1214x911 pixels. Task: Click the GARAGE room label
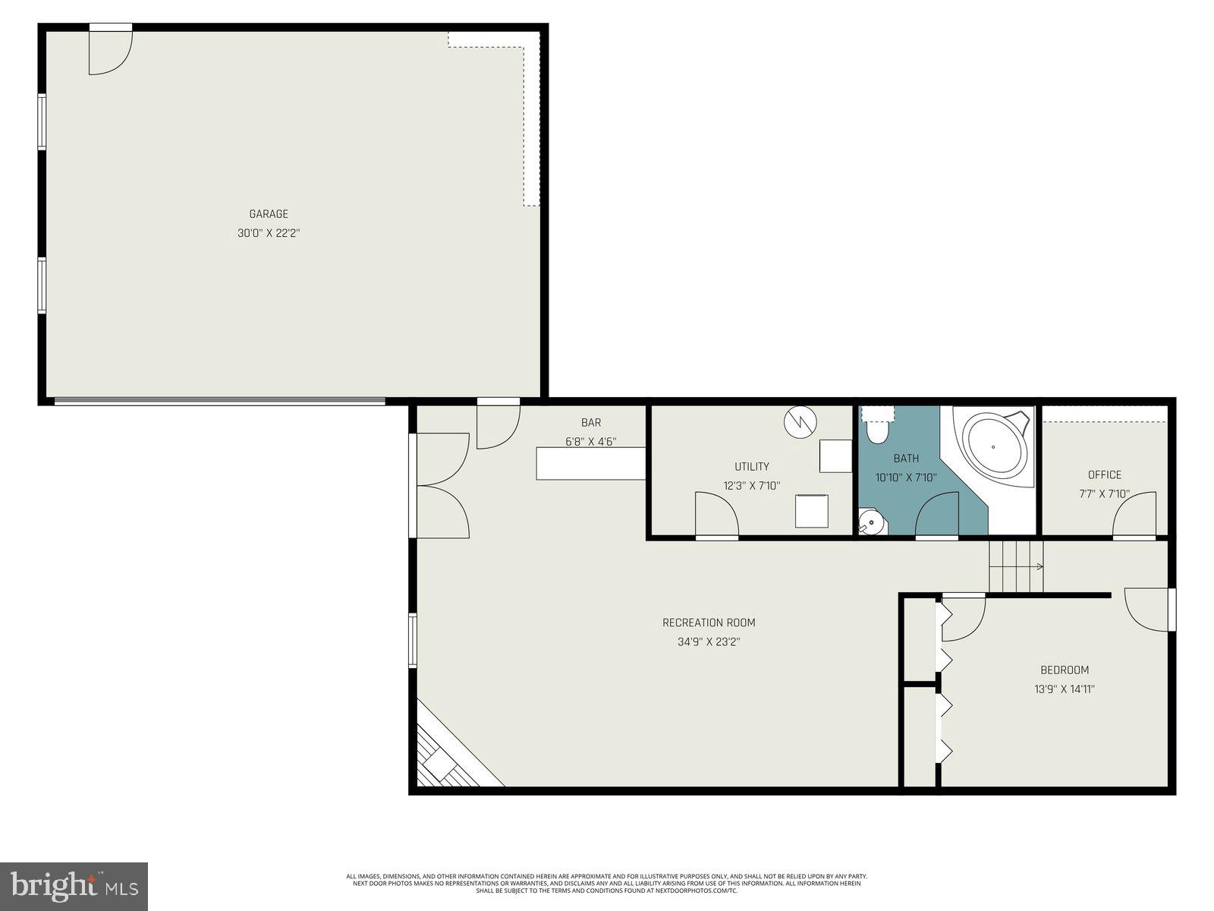[x=269, y=214]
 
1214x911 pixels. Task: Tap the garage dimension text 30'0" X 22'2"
[x=269, y=234]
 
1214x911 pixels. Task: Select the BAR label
[x=591, y=423]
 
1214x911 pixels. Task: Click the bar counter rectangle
[x=590, y=463]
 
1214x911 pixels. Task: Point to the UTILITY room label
[x=751, y=467]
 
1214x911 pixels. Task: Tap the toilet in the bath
[x=878, y=430]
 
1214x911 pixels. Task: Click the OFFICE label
[x=1104, y=475]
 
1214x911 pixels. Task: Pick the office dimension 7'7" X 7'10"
[x=1104, y=494]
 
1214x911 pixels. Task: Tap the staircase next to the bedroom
[x=1015, y=566]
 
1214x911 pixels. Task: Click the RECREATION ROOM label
[x=709, y=623]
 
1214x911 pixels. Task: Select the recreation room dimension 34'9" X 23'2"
[x=709, y=642]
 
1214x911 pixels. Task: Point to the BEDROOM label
[x=1064, y=670]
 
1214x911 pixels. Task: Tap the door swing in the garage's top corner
[x=109, y=52]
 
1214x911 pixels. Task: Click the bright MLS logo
[x=74, y=886]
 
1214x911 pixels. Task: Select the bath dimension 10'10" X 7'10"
[x=906, y=478]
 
